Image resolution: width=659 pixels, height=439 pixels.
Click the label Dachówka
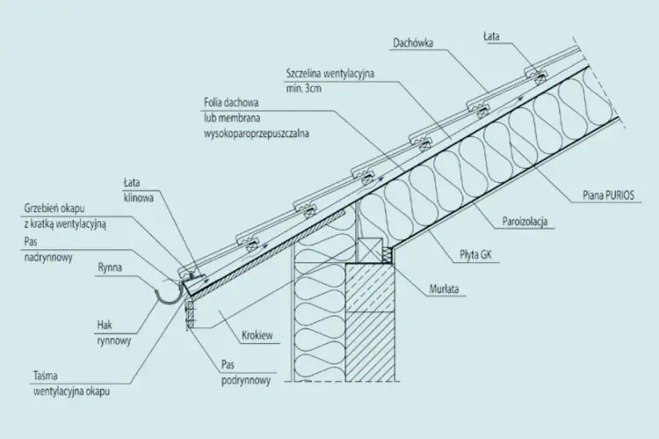[x=413, y=43]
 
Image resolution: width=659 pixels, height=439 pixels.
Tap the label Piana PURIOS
[x=608, y=195]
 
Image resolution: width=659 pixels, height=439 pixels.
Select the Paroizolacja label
[x=525, y=222]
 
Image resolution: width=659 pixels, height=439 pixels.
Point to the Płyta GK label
[x=475, y=254]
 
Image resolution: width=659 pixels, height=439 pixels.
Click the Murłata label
[x=444, y=289]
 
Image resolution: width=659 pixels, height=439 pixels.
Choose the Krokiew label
[x=257, y=335]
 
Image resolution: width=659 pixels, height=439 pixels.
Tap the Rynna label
[x=110, y=267]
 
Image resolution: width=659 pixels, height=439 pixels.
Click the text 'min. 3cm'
[x=304, y=89]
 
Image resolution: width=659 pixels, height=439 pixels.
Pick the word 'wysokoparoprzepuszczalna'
[x=257, y=134]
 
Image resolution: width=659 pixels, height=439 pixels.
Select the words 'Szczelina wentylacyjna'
[x=329, y=73]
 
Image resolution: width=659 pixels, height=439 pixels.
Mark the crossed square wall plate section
[x=370, y=252]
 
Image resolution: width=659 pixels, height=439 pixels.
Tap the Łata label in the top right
[x=491, y=37]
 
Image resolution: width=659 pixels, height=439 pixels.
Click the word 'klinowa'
[x=138, y=198]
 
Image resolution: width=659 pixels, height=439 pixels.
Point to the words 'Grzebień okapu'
[x=54, y=208]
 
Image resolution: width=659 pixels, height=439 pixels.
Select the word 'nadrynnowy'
[x=48, y=257]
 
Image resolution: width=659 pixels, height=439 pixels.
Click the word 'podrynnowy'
[x=246, y=380]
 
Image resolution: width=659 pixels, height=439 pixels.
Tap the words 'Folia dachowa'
[x=231, y=102]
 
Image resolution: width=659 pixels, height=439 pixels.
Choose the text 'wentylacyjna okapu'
[x=71, y=391]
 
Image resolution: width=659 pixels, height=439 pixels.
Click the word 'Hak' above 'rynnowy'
[x=105, y=325]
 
